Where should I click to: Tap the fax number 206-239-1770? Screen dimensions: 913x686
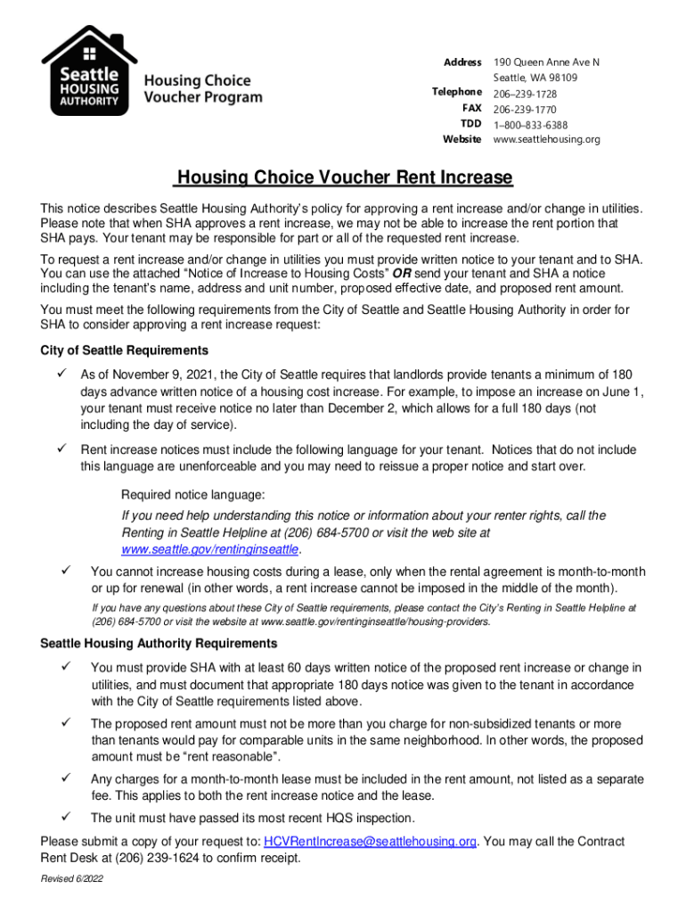(526, 109)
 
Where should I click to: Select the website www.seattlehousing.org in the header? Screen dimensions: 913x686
(547, 140)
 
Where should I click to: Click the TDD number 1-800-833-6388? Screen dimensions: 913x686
(531, 125)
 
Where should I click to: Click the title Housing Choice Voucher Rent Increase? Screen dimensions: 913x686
(343, 177)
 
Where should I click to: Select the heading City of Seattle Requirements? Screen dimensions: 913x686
(125, 350)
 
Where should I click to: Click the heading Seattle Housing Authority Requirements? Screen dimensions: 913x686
(159, 643)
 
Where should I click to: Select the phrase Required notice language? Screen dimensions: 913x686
(192, 495)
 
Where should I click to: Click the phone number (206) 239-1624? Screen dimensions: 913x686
(136, 859)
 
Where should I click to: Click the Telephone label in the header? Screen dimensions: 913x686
(456, 93)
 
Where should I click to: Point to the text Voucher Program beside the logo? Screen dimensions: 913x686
(203, 97)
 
